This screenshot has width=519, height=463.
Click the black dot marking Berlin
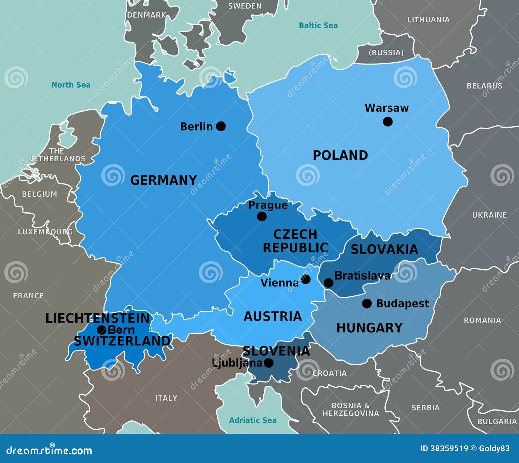click(x=221, y=126)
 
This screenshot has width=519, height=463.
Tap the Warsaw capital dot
click(x=388, y=122)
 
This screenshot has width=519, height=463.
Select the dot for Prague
click(x=262, y=217)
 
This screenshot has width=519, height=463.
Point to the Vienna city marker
click(x=306, y=279)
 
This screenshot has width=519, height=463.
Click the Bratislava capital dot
click(x=329, y=283)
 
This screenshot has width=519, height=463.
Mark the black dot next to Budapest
click(x=367, y=304)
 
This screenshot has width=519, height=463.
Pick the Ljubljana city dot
click(x=269, y=363)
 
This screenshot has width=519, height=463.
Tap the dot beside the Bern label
click(x=102, y=330)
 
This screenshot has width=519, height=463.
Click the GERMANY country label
click(x=163, y=180)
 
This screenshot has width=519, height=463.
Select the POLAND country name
click(x=340, y=155)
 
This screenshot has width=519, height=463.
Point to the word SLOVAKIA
click(x=384, y=249)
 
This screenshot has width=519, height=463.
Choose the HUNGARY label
click(x=369, y=328)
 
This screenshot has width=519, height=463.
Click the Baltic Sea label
click(x=318, y=25)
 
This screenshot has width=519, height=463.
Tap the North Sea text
click(x=71, y=85)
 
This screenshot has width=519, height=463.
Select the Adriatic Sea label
click(x=253, y=420)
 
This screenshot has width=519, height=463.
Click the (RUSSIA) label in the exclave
click(x=386, y=53)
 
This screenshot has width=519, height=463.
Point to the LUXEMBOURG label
click(x=45, y=232)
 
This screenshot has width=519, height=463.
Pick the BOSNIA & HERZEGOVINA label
click(x=351, y=409)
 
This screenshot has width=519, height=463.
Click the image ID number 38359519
click(x=449, y=449)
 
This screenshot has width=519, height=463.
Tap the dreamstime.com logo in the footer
click(x=49, y=450)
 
